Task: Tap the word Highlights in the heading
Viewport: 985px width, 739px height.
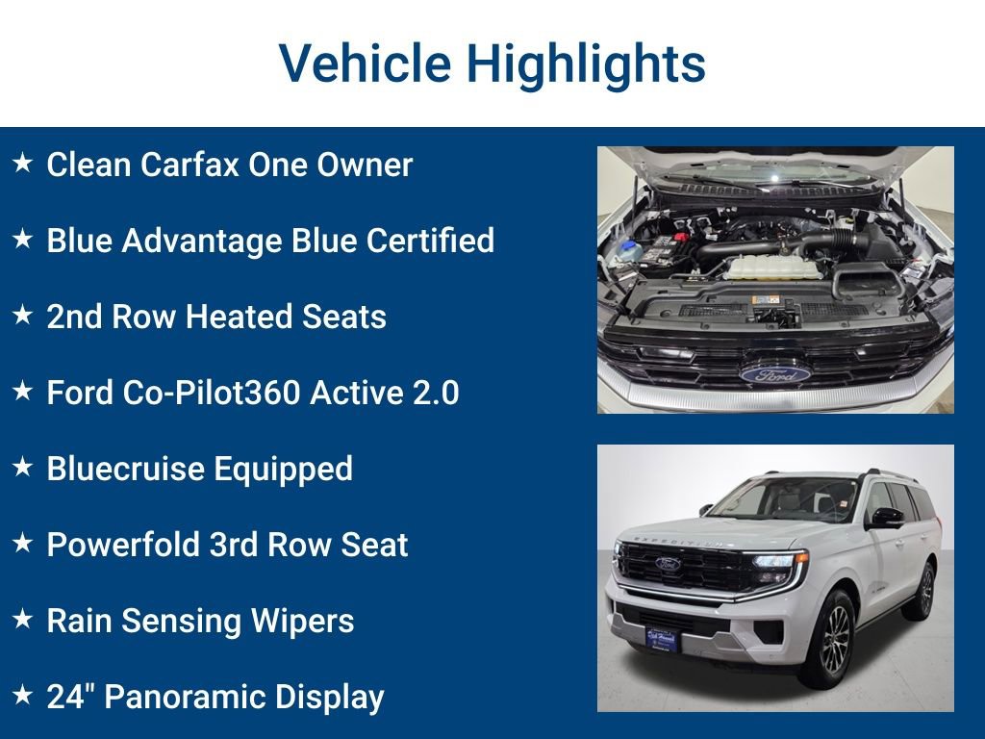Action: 586,64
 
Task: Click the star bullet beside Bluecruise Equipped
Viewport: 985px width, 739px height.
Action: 22,468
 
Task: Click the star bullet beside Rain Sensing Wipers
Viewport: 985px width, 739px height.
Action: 22,620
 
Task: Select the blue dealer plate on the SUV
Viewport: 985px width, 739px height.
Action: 661,638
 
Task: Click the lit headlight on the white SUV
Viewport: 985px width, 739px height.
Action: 781,561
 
